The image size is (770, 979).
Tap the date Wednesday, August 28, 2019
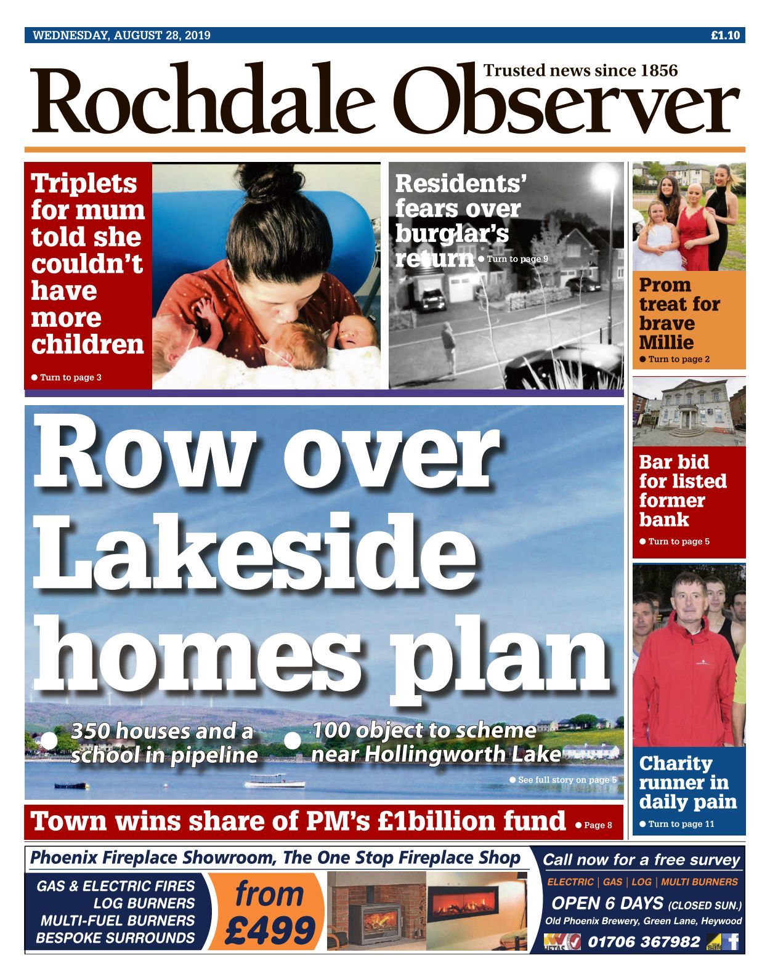121,35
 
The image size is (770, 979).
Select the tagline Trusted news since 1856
580,70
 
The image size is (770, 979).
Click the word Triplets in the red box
84,183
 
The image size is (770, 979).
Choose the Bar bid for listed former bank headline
683,490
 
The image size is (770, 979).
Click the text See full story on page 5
565,780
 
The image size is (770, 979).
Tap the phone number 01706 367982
644,941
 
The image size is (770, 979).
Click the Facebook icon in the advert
732,941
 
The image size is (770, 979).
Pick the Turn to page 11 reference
680,824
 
